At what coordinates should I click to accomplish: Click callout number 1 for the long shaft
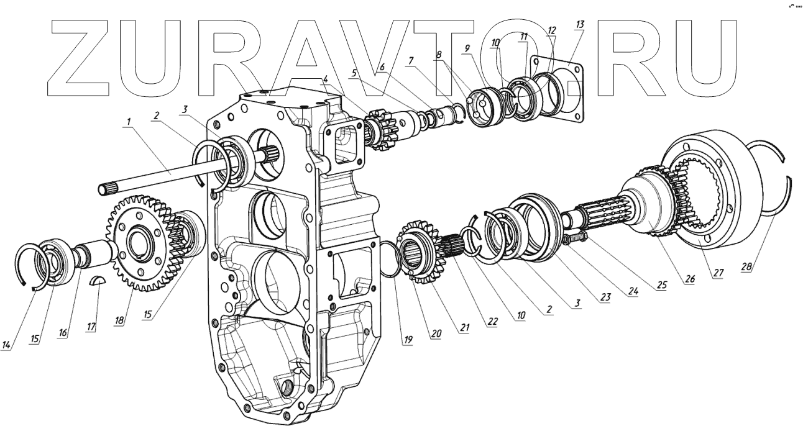128,122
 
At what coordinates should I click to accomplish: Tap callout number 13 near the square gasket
580,24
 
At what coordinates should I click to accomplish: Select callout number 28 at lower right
746,266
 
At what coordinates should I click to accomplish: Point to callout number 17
91,327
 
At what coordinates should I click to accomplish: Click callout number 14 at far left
6,345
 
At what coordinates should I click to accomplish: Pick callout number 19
408,340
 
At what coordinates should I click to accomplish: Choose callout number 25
661,284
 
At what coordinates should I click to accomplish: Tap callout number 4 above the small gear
326,79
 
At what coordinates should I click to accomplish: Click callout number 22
493,321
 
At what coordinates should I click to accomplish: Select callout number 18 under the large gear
119,320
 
